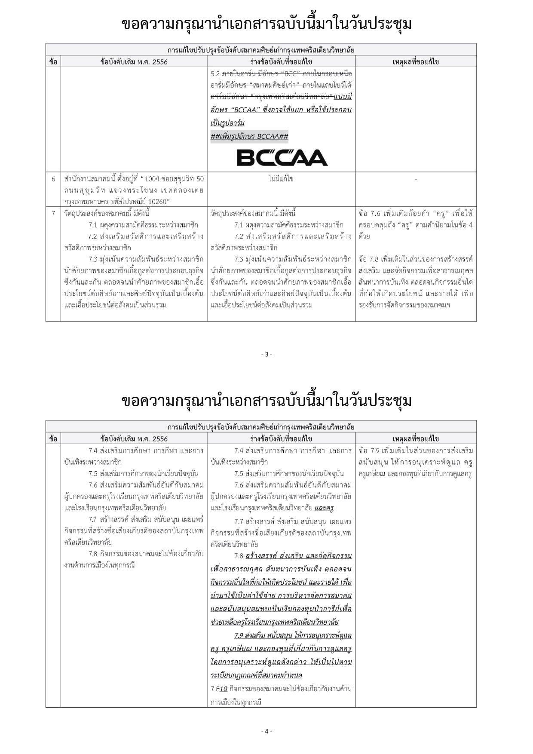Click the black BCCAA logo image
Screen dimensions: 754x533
282,157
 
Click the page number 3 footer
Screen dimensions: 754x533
266,354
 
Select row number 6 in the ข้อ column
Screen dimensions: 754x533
53,179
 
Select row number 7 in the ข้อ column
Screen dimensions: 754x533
53,213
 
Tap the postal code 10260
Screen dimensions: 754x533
158,202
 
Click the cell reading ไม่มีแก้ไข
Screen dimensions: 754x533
281,179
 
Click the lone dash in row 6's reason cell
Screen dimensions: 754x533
416,179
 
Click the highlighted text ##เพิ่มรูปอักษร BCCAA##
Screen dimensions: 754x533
249,137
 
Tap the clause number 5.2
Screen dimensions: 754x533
215,74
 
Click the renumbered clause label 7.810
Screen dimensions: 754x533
219,689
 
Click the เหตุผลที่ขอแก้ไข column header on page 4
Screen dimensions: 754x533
416,438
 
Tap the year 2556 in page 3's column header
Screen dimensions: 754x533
159,62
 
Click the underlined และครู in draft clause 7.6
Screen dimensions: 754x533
324,508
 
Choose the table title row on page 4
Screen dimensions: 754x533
261,427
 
